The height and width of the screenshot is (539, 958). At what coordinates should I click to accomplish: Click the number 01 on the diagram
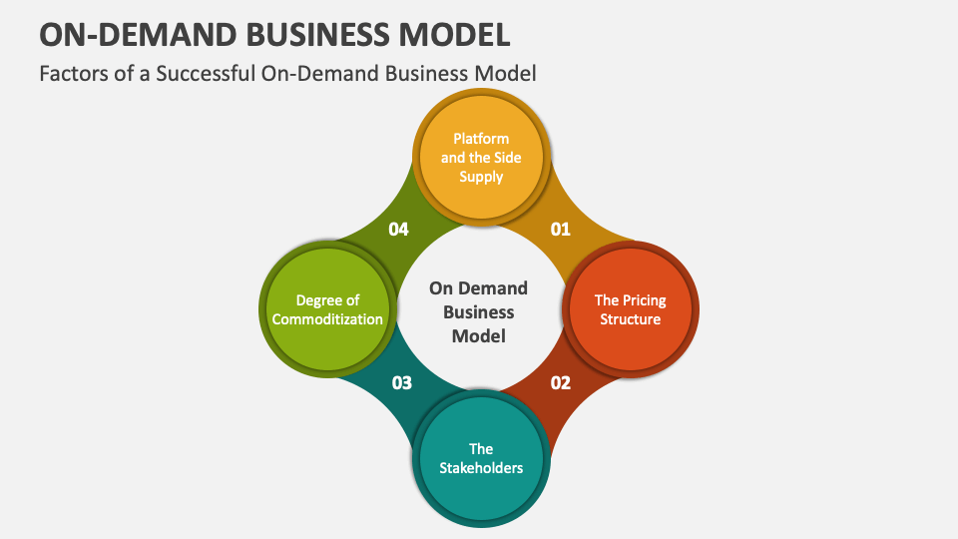(561, 230)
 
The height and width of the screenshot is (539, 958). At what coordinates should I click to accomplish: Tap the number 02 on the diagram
(561, 382)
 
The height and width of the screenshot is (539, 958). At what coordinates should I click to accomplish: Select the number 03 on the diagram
(402, 382)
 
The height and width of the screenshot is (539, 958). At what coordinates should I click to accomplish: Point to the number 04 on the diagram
(399, 230)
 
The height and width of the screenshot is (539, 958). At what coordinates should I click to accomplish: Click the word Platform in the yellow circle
(481, 139)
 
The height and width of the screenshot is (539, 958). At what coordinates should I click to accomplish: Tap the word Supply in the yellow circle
(481, 177)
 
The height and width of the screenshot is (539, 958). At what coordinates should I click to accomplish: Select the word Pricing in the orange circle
(644, 299)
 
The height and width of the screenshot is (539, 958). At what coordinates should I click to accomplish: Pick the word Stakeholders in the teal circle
(481, 467)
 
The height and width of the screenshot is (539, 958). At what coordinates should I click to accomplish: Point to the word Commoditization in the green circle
(327, 319)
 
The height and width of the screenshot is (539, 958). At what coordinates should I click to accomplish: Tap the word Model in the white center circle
(479, 335)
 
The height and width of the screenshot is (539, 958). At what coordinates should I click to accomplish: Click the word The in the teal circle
(481, 448)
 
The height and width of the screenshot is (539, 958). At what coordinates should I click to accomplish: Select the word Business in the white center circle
(479, 311)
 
